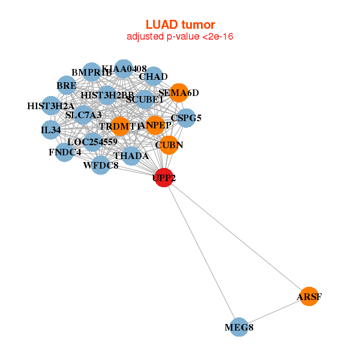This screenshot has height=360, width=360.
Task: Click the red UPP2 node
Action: click(x=164, y=178)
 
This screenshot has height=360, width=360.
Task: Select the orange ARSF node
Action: click(x=308, y=296)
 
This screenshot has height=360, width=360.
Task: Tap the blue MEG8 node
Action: click(x=239, y=327)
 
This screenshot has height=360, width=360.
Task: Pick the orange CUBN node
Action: click(x=169, y=145)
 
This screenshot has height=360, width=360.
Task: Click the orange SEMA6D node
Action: click(x=178, y=92)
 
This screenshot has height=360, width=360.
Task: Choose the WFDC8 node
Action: click(x=101, y=165)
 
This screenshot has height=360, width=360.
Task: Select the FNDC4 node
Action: click(x=65, y=152)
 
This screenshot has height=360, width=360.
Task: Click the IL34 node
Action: click(x=51, y=130)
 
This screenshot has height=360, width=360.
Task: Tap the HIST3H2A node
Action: click(x=51, y=106)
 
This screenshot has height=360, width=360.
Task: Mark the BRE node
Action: click(x=67, y=86)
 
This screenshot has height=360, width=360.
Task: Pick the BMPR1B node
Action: click(x=91, y=73)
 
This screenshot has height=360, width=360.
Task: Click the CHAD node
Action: click(x=154, y=76)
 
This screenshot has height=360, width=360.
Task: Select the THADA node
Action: click(x=131, y=156)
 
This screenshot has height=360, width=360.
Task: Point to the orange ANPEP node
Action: click(x=155, y=125)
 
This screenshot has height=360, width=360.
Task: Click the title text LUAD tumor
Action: click(x=180, y=25)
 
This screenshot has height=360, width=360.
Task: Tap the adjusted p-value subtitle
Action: click(x=180, y=37)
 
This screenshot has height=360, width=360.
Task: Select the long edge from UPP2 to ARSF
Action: click(x=236, y=237)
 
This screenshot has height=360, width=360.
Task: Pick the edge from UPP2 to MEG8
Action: click(x=202, y=253)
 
